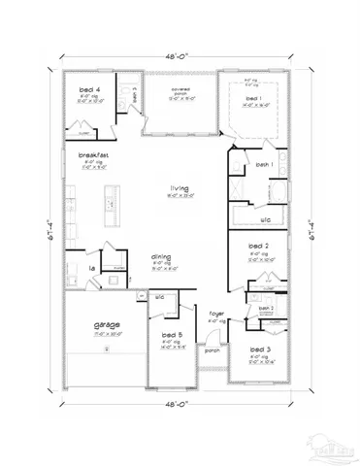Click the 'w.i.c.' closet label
265,219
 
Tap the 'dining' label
161,257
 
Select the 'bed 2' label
258,248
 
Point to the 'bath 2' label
266,308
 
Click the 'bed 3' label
258,348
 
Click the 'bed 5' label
171,334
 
